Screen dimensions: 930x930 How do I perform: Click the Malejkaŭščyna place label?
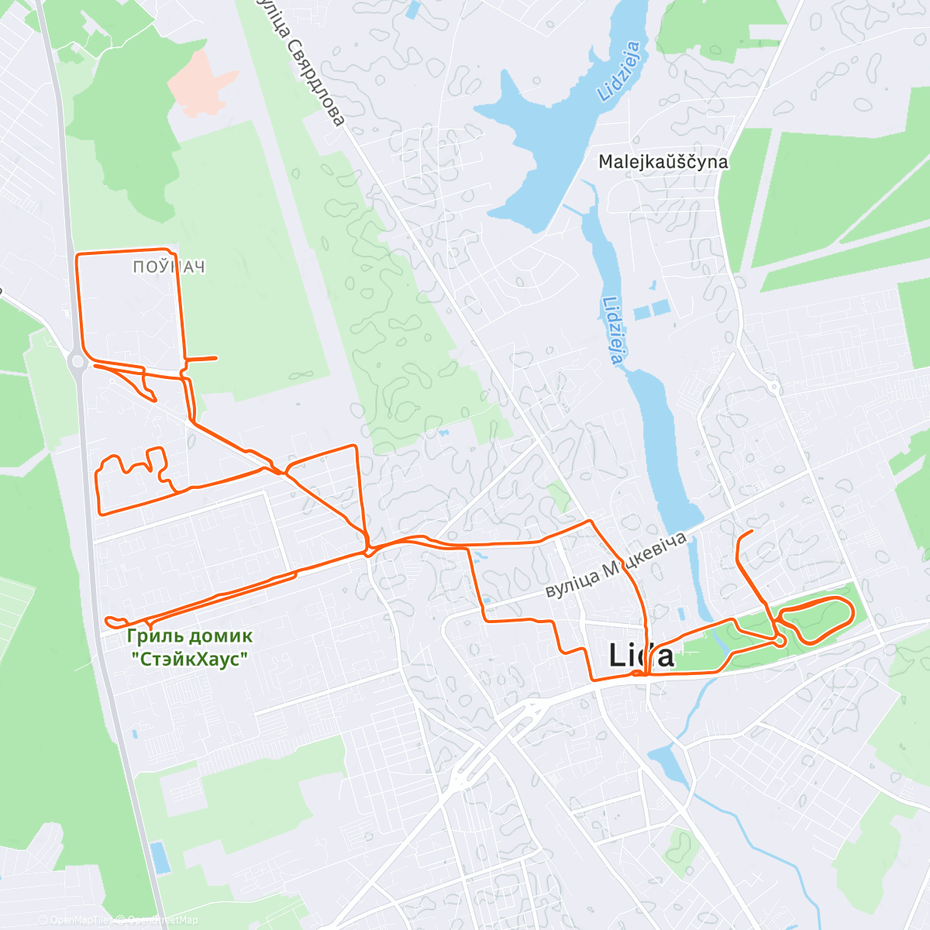[663, 162]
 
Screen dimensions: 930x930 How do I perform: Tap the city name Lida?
[641, 656]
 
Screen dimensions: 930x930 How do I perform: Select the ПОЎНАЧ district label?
[169, 267]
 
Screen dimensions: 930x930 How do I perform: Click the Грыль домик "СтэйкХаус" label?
[190, 647]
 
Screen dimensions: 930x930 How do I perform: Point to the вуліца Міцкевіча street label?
[616, 565]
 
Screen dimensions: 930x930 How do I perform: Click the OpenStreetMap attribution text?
[163, 920]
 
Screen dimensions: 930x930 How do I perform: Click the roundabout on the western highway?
[77, 360]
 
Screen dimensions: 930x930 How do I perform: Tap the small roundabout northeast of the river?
[773, 386]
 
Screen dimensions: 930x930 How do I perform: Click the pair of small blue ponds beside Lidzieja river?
[651, 310]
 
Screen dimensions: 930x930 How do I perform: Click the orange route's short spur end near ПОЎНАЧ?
[215, 357]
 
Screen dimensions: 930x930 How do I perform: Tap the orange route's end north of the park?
[752, 531]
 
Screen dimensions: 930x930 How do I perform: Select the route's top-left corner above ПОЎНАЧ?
[77, 254]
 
